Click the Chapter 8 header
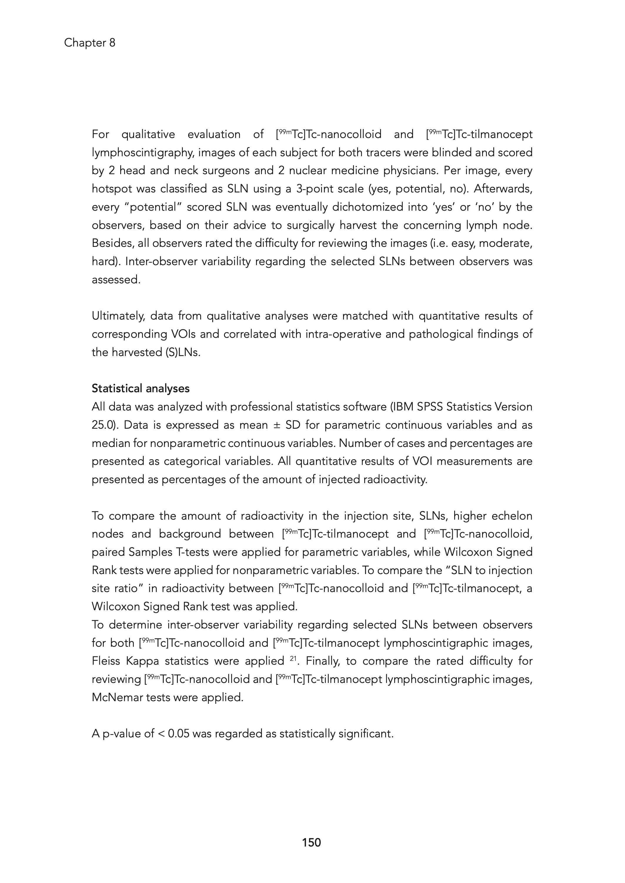click(x=89, y=43)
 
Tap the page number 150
click(x=311, y=843)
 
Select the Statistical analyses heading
click(x=141, y=389)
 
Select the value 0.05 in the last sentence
click(x=178, y=734)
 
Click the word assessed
click(x=116, y=280)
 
